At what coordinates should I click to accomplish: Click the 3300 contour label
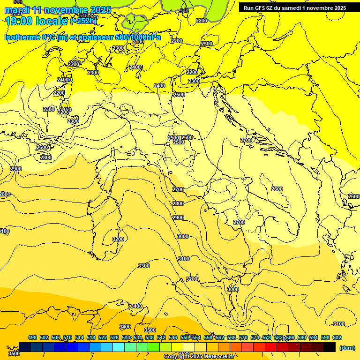[x=144, y=266]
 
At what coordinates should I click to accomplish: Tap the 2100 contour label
[x=138, y=42]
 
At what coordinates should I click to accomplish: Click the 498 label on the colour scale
[x=32, y=337]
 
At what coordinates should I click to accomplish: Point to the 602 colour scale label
[x=337, y=337]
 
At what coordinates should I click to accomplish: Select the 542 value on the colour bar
[x=161, y=337]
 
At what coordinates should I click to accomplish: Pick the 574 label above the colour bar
[x=255, y=337]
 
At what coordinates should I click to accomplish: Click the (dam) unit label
[x=347, y=347]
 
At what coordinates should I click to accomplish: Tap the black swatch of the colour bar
[x=330, y=347]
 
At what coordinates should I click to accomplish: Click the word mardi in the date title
[x=17, y=10]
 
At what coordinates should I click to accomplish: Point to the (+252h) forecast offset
[x=84, y=21]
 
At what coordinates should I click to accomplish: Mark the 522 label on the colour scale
[x=103, y=337]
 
